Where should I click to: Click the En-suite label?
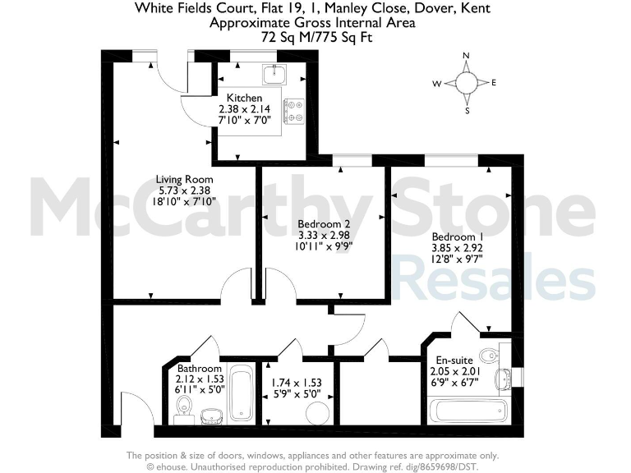pyautogui.click(x=452, y=359)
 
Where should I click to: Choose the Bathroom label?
pyautogui.click(x=199, y=370)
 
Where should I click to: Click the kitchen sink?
pyautogui.click(x=274, y=75)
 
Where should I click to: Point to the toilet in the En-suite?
pyautogui.click(x=491, y=355)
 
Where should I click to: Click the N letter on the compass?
pyautogui.click(x=466, y=56)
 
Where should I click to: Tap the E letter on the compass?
pyautogui.click(x=494, y=83)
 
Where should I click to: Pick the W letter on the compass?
pyautogui.click(x=437, y=83)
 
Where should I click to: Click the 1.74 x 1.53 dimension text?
pyautogui.click(x=297, y=382)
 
